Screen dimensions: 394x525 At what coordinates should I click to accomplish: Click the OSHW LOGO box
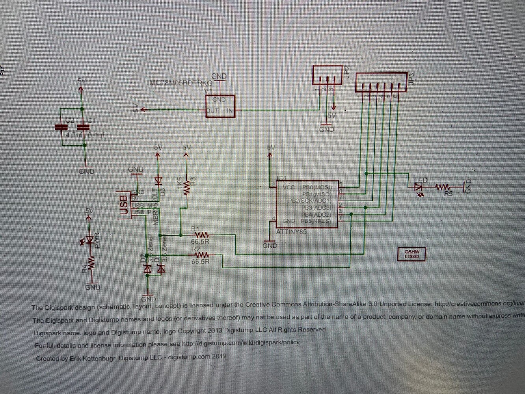411,254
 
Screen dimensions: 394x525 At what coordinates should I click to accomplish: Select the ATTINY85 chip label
291,232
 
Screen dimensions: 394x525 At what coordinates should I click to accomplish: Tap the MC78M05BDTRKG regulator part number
181,83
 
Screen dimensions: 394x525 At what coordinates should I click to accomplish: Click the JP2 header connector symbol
327,75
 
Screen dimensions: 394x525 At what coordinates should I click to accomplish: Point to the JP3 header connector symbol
381,82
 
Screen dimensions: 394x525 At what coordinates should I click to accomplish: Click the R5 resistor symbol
443,187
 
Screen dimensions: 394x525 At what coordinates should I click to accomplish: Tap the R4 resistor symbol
91,263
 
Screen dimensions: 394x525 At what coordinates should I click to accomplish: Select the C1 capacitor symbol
83,127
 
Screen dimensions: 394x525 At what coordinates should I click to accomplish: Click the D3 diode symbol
158,181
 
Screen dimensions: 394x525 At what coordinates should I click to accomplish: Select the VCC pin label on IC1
289,187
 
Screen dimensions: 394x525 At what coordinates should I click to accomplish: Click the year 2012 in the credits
219,357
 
